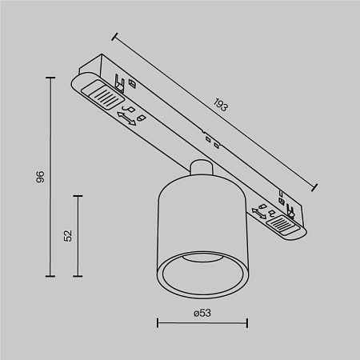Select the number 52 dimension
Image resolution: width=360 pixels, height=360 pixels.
(68, 235)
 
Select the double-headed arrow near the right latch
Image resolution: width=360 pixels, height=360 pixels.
(259, 213)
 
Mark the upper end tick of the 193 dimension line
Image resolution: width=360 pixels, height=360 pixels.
(114, 35)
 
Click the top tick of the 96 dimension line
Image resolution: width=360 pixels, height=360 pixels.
(52, 77)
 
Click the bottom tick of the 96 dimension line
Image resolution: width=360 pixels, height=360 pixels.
(52, 276)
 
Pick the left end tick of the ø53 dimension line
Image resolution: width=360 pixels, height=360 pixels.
(157, 323)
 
